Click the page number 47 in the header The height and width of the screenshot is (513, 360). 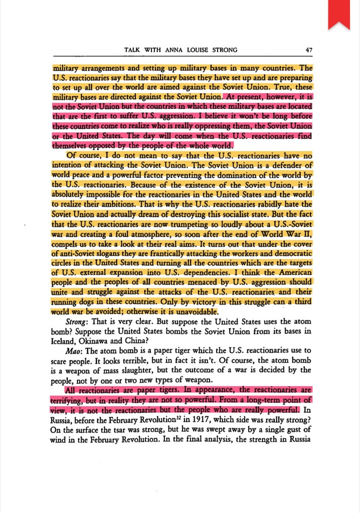tap(308, 50)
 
